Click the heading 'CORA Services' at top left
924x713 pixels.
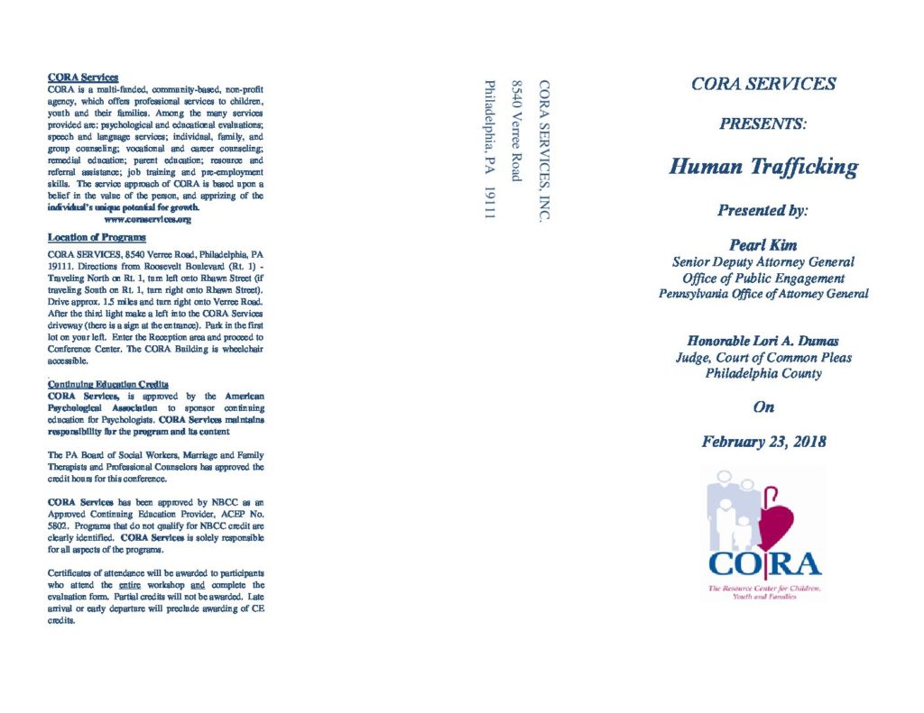(83, 78)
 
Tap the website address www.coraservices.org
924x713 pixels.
(148, 219)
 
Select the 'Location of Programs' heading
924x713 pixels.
(97, 237)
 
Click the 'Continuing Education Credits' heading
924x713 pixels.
(107, 384)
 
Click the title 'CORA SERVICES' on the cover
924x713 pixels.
(763, 85)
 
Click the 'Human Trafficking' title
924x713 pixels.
(763, 167)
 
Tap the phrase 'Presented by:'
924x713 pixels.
(763, 210)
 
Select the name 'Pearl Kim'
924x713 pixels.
(763, 245)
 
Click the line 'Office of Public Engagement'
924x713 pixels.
(763, 278)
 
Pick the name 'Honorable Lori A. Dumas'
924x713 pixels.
(763, 341)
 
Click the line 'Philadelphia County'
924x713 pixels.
(763, 373)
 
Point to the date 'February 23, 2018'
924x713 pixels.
(763, 442)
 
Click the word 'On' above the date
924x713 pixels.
(763, 407)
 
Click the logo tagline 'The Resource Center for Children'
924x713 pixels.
(763, 588)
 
